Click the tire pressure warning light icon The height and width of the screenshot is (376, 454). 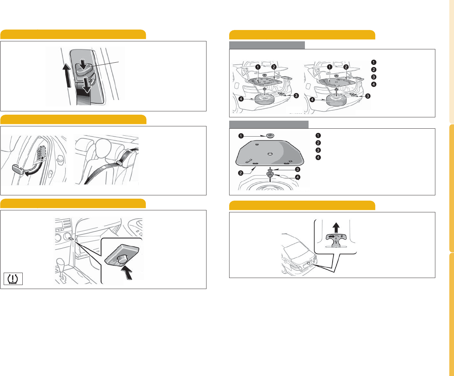click(x=13, y=279)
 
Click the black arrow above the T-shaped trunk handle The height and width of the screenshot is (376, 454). click(x=336, y=228)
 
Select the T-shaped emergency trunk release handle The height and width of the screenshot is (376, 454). click(x=336, y=240)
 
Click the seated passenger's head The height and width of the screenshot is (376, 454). click(x=103, y=147)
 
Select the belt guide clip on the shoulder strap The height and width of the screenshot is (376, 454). click(x=119, y=162)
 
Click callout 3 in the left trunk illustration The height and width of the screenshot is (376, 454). click(x=296, y=96)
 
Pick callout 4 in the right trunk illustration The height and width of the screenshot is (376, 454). click(x=312, y=100)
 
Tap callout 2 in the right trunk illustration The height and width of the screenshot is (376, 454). click(x=346, y=67)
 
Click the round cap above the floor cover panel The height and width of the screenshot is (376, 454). click(x=270, y=136)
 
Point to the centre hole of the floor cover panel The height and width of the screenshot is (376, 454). click(x=270, y=154)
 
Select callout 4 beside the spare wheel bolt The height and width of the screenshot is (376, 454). click(x=298, y=177)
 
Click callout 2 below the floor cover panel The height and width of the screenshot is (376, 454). click(x=241, y=173)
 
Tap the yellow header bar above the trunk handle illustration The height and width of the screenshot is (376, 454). click(x=302, y=205)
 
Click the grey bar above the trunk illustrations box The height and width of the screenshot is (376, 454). click(x=267, y=45)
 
